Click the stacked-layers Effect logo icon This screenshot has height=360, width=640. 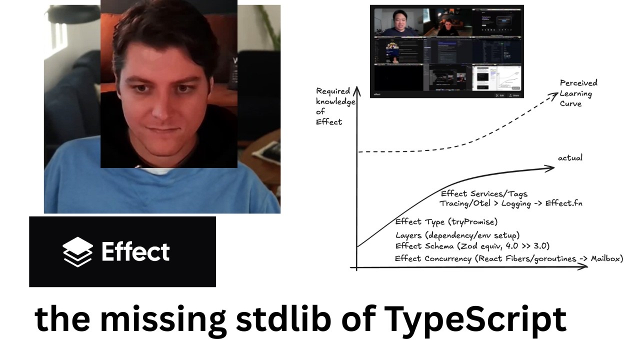77,251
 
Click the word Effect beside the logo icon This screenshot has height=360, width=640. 135,251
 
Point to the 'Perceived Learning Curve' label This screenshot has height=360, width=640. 578,93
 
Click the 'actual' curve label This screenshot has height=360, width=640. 570,158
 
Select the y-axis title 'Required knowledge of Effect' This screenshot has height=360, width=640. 335,106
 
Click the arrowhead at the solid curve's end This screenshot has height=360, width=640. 551,168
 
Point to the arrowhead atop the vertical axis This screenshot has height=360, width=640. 356,90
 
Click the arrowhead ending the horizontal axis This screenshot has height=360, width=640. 584,266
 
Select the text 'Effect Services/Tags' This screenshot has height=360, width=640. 484,193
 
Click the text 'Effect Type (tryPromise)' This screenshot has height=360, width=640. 446,222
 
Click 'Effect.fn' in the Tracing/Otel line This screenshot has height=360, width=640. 563,203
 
